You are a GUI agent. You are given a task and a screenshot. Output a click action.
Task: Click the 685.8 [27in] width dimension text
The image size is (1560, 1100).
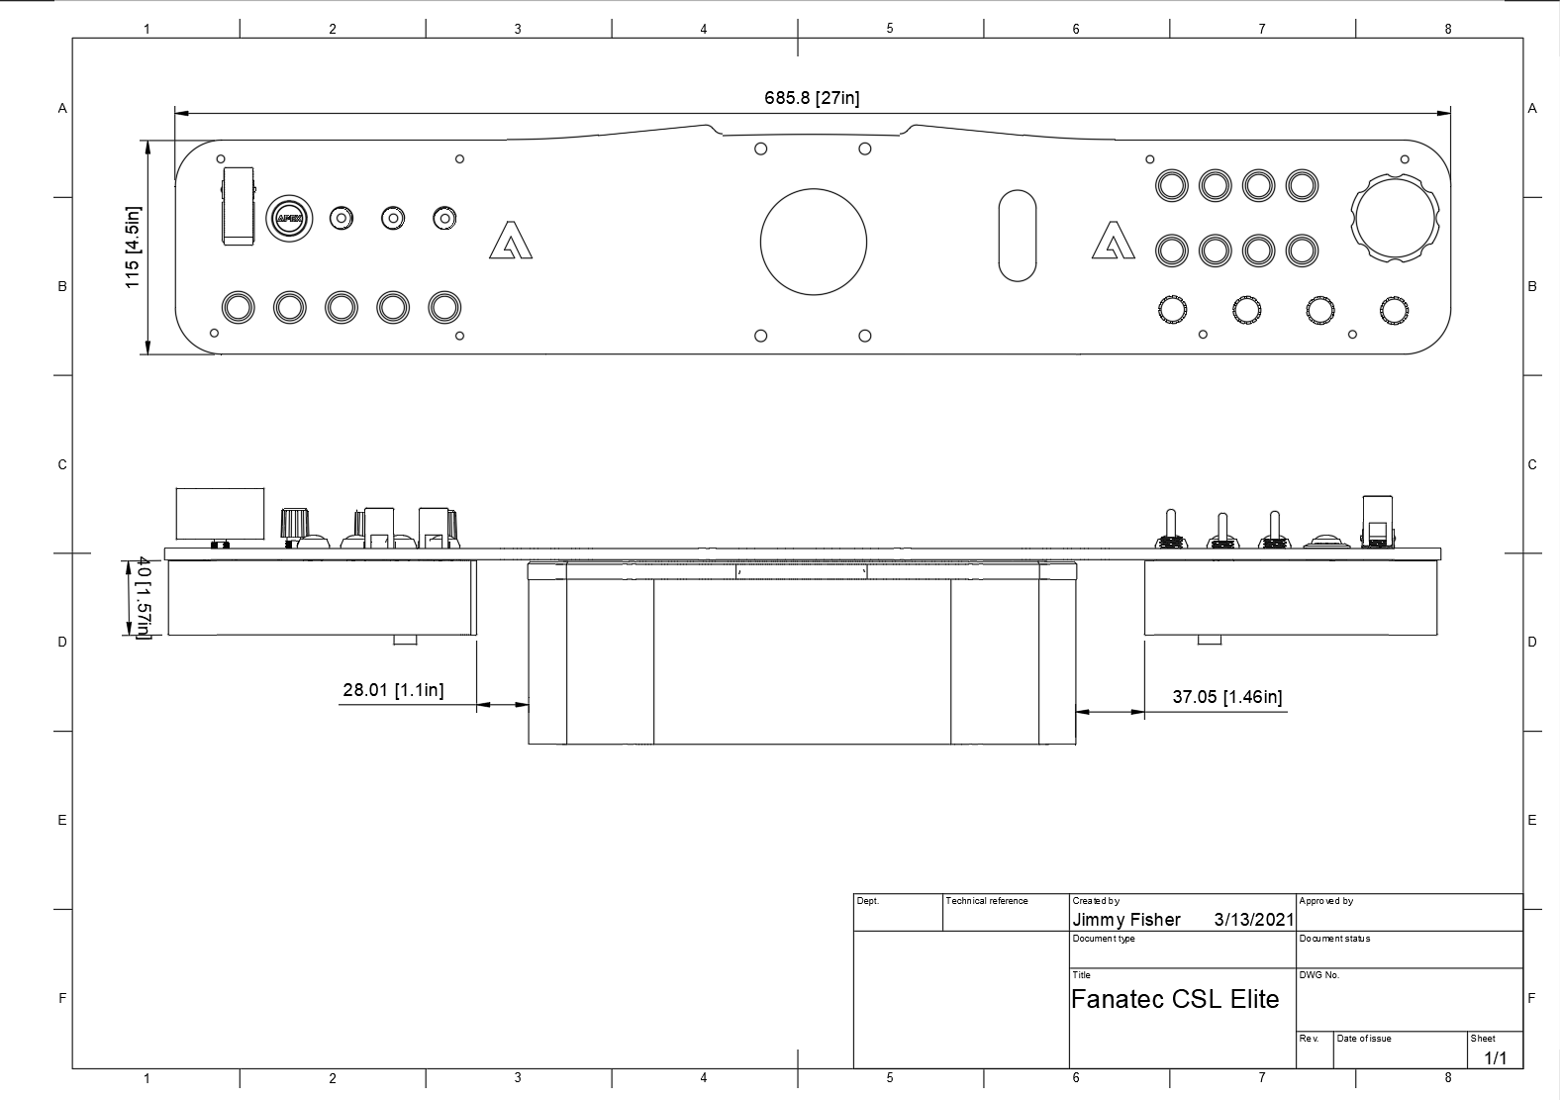[812, 98]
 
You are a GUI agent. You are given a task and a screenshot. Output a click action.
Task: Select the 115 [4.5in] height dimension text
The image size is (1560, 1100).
[133, 248]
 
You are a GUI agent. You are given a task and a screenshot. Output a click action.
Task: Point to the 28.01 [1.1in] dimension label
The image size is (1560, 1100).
[393, 690]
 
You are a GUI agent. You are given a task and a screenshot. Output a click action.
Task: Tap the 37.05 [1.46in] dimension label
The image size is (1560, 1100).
[1226, 697]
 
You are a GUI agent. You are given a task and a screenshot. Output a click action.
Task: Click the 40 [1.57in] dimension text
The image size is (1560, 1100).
[143, 598]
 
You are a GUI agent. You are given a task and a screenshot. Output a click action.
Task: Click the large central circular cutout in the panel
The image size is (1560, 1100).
[813, 243]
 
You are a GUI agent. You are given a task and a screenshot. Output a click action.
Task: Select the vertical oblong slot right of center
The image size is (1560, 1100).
[1017, 236]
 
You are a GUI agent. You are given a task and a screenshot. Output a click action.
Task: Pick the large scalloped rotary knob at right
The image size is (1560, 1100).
[1395, 219]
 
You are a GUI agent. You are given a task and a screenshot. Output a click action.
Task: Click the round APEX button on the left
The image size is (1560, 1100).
[289, 218]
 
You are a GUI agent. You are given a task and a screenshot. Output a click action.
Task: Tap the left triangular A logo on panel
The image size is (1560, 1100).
[510, 241]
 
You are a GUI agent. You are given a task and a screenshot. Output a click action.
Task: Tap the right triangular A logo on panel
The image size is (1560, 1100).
[1114, 241]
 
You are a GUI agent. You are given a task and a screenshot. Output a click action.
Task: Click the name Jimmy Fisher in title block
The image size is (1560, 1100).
[1125, 920]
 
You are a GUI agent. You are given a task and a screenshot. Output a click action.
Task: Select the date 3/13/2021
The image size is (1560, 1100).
[1253, 920]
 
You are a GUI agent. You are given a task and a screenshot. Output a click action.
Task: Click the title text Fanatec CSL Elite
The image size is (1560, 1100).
[1174, 999]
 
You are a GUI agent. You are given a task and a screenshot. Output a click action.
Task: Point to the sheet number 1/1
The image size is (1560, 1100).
[1495, 1058]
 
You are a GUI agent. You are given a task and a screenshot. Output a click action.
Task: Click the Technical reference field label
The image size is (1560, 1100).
[986, 901]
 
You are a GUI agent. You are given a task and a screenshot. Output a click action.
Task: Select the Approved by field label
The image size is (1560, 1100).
[1325, 901]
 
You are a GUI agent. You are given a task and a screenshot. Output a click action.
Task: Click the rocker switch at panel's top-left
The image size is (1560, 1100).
[239, 205]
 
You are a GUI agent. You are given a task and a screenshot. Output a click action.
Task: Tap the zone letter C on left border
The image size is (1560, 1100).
[62, 464]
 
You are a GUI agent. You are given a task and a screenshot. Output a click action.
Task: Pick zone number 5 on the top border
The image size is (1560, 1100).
[889, 29]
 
